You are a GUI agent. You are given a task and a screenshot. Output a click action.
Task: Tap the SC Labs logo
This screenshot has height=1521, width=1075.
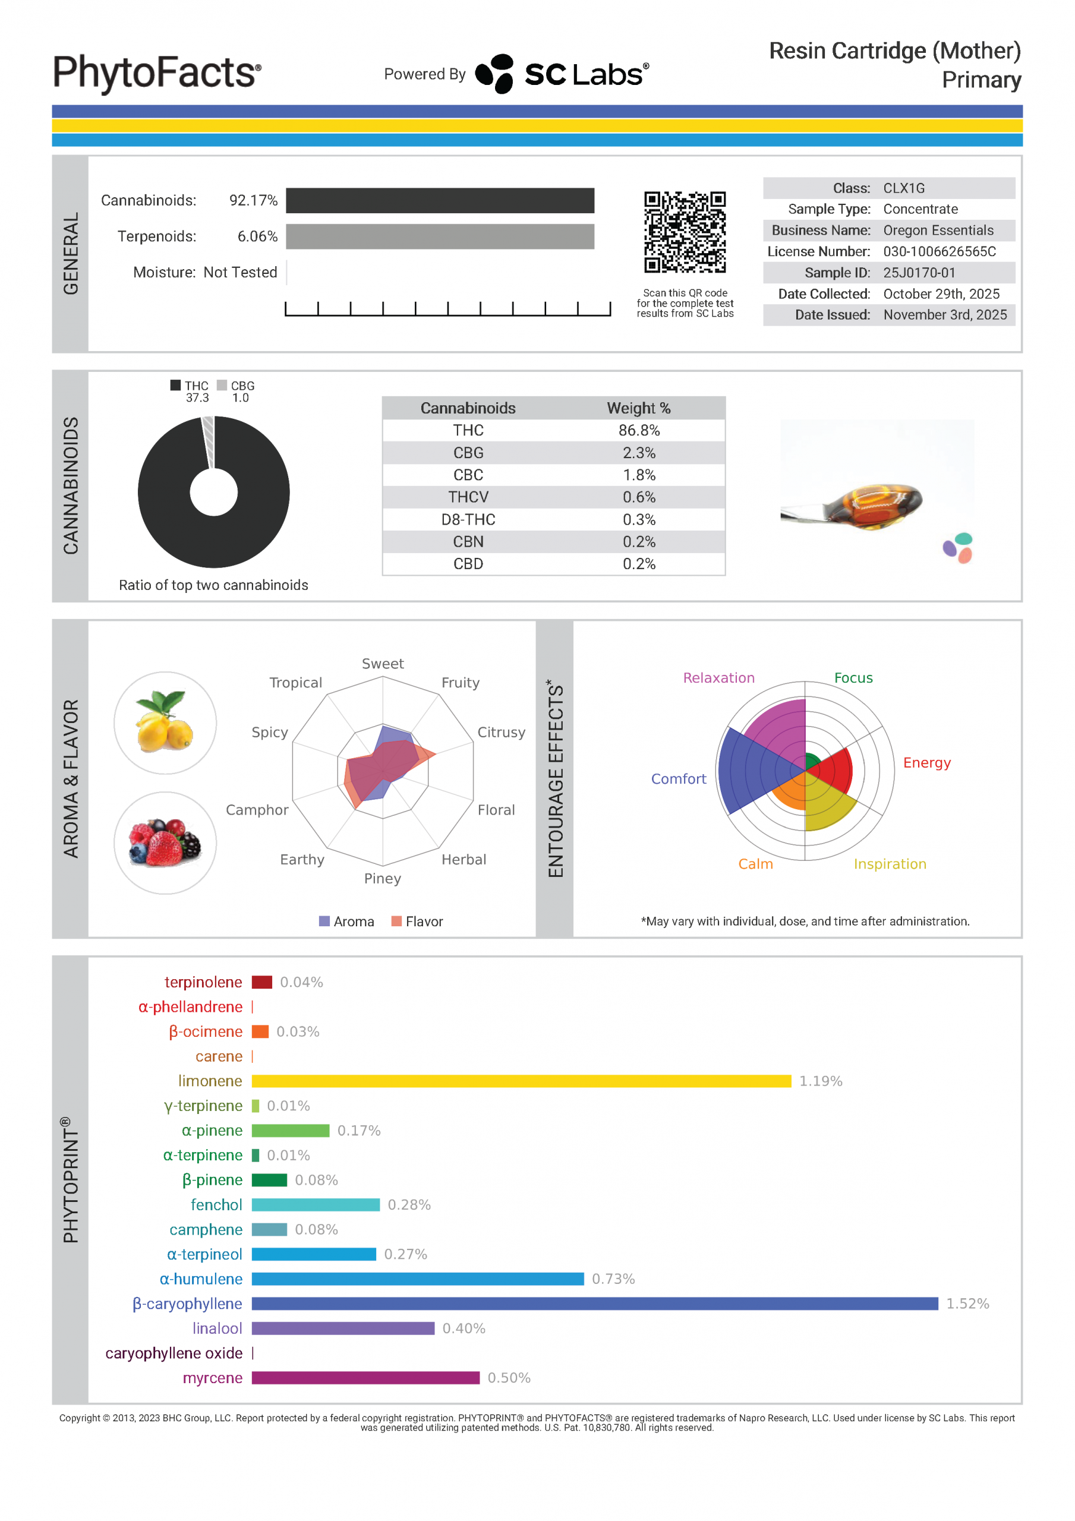[562, 74]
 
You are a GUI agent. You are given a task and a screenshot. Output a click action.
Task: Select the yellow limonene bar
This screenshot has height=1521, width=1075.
[521, 1081]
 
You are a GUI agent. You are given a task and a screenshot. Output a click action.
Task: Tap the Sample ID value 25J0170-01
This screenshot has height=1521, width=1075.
[919, 273]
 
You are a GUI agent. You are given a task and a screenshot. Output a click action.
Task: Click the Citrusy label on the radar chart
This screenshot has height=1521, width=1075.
[501, 732]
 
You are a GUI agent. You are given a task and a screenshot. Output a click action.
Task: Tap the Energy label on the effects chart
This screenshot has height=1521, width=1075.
[926, 762]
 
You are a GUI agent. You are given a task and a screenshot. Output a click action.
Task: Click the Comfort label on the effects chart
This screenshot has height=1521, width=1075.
[678, 779]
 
